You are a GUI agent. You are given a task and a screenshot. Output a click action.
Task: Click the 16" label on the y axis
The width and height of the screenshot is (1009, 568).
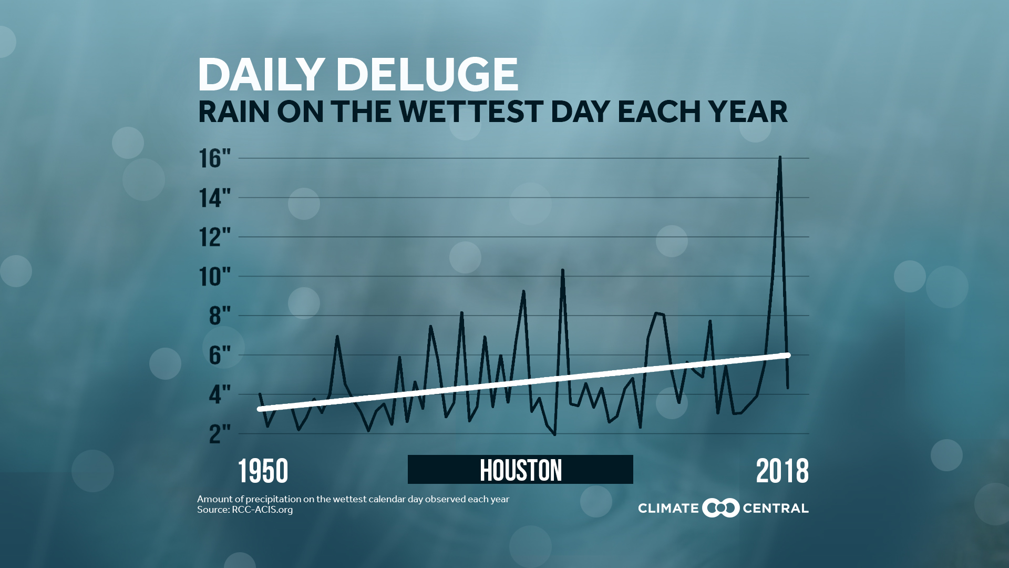click(x=214, y=158)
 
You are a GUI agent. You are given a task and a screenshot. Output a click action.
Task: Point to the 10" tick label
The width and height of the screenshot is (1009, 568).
click(x=214, y=277)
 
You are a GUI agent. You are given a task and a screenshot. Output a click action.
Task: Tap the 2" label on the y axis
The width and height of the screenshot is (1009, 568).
click(x=220, y=434)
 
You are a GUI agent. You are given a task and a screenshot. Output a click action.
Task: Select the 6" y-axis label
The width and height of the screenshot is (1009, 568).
click(x=220, y=356)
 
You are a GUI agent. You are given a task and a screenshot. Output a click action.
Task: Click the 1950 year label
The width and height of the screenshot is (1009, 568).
click(x=263, y=471)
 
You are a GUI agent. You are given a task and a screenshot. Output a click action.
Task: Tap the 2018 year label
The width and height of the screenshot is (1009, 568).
click(x=782, y=471)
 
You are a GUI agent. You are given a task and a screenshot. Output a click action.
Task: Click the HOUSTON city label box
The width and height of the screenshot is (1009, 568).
click(x=520, y=470)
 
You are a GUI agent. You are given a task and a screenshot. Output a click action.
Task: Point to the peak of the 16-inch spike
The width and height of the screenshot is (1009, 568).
click(x=780, y=157)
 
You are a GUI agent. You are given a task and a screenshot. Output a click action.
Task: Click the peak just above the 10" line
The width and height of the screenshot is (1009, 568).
click(x=562, y=270)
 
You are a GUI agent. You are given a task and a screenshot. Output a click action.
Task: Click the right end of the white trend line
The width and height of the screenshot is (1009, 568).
click(x=787, y=356)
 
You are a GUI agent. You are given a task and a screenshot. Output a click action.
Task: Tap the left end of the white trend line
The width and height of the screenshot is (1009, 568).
click(x=260, y=409)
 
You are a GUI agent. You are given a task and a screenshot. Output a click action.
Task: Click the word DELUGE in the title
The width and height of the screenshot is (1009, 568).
click(x=427, y=74)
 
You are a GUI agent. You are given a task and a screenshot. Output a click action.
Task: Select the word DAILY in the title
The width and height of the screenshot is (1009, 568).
click(x=261, y=74)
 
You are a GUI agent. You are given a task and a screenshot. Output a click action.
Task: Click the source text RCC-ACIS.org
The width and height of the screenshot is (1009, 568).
click(x=262, y=510)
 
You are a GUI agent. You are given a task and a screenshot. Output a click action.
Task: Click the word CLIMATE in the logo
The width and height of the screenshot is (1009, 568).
click(x=668, y=509)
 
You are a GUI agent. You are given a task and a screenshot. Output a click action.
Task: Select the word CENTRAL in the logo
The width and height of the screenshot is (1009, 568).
click(x=775, y=509)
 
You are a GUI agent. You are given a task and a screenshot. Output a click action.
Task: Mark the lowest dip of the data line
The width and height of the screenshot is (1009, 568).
click(x=555, y=435)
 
